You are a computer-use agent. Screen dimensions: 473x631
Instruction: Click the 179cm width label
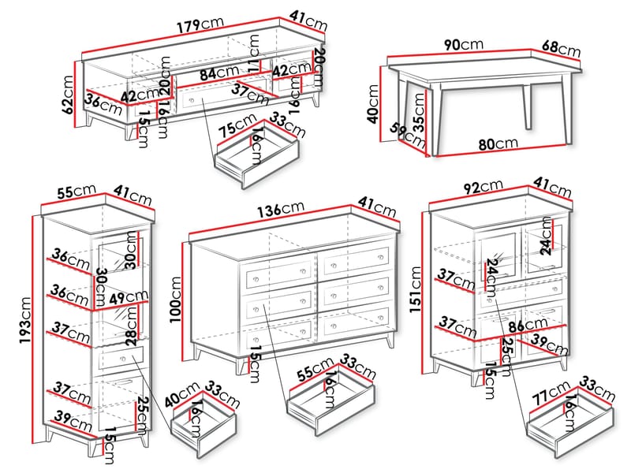tap(200, 25)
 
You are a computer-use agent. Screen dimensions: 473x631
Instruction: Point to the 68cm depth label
tap(561, 48)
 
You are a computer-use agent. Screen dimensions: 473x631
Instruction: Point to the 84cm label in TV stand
tap(218, 74)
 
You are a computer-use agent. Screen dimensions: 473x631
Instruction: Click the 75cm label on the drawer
tap(236, 128)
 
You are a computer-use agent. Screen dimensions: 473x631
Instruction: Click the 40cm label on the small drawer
tap(186, 392)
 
